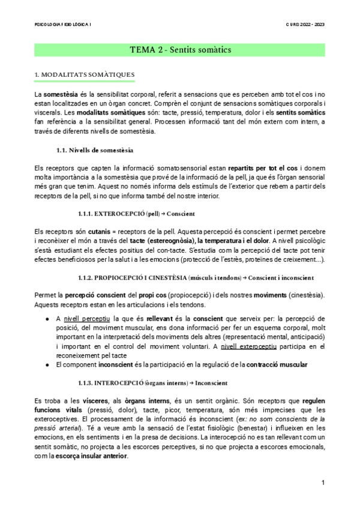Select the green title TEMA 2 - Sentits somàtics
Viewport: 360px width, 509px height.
tap(180, 49)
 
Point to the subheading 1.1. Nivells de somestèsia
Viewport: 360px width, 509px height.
tap(94, 149)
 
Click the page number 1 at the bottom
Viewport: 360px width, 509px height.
tap(323, 482)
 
